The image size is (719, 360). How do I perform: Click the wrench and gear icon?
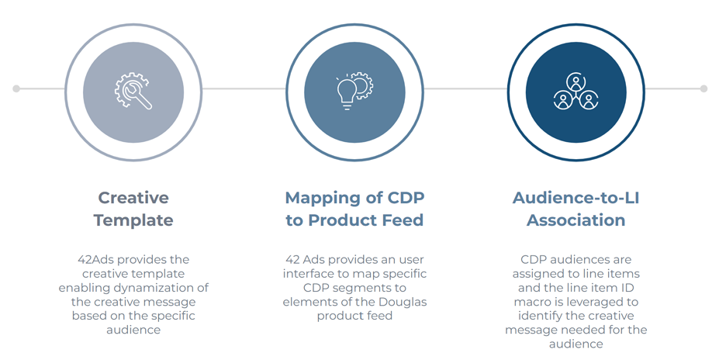click(133, 91)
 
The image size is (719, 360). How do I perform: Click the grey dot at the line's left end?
click(16, 88)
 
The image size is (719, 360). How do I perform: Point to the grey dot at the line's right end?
click(703, 88)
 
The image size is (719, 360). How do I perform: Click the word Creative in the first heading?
click(133, 198)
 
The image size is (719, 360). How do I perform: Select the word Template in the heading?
click(133, 220)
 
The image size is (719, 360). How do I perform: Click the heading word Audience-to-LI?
click(576, 198)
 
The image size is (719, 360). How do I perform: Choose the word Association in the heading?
click(576, 220)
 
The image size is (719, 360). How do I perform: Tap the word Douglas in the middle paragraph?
click(403, 303)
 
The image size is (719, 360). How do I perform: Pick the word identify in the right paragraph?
click(540, 316)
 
